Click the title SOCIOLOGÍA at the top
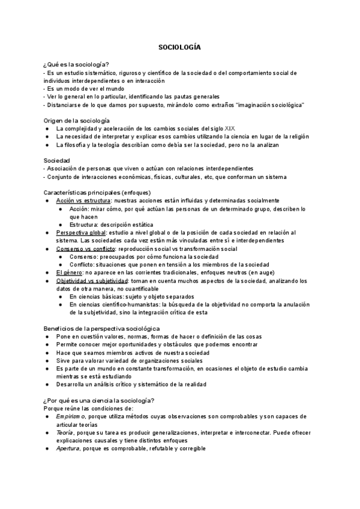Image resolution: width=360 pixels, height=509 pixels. (179, 46)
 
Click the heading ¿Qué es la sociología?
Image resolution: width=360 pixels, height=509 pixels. (76, 65)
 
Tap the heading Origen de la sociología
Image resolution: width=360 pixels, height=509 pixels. (76, 121)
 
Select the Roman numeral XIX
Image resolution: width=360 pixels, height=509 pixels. (231, 128)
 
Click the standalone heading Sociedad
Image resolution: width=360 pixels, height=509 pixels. (56, 160)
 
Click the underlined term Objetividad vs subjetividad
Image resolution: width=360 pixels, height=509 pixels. (92, 280)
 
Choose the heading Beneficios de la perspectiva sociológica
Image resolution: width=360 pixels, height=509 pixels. (101, 328)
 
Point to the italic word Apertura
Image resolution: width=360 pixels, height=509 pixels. (68, 448)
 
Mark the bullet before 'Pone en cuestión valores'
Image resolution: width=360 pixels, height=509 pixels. (47, 337)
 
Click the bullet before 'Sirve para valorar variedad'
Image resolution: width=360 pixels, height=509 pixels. (47, 361)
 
